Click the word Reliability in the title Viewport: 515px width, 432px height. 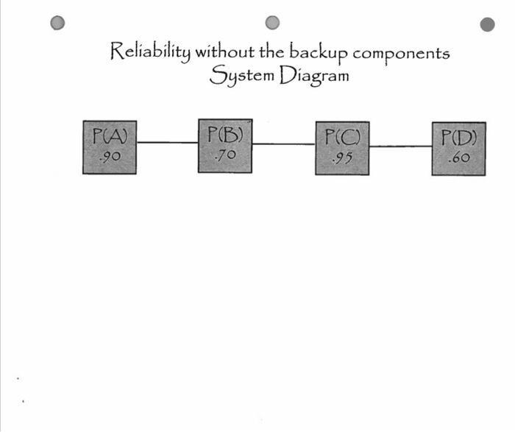150,52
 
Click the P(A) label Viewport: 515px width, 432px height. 110,136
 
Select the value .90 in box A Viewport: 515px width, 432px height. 109,156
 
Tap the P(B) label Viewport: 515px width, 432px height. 225,135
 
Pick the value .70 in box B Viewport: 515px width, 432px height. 224,155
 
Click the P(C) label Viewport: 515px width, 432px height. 342,138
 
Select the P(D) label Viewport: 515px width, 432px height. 458,138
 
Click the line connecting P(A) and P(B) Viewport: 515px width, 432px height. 167,143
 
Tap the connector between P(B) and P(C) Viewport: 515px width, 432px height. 283,144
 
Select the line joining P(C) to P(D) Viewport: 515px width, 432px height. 400,146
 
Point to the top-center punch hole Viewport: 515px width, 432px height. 273,22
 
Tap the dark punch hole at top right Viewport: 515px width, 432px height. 487,24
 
